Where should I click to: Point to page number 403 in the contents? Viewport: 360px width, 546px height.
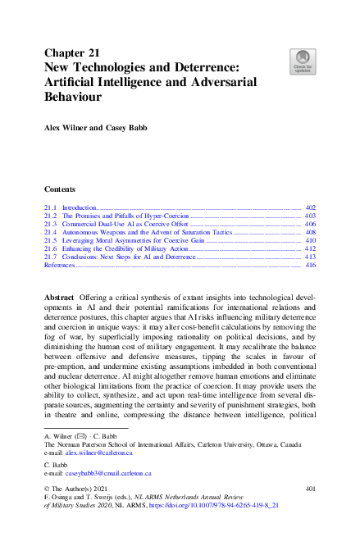(310, 217)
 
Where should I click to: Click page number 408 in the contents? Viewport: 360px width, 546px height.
(310, 233)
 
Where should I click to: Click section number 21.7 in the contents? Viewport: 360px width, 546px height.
(51, 257)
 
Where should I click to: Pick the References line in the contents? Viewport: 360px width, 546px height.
(59, 266)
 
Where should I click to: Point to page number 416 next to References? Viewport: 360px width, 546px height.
(310, 266)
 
